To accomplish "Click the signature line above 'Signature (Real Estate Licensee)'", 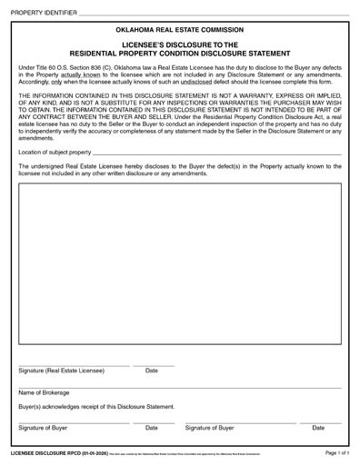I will coord(74,364).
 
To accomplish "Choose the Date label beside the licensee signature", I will coord(152,371).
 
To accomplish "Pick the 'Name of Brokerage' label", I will coord(43,392).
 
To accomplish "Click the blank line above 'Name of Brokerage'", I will coord(179,386).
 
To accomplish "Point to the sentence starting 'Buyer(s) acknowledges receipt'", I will coord(96,407).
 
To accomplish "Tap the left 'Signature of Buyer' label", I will coord(44,428).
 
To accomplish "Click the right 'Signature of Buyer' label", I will coord(211,428).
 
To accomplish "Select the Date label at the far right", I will coord(318,428).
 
